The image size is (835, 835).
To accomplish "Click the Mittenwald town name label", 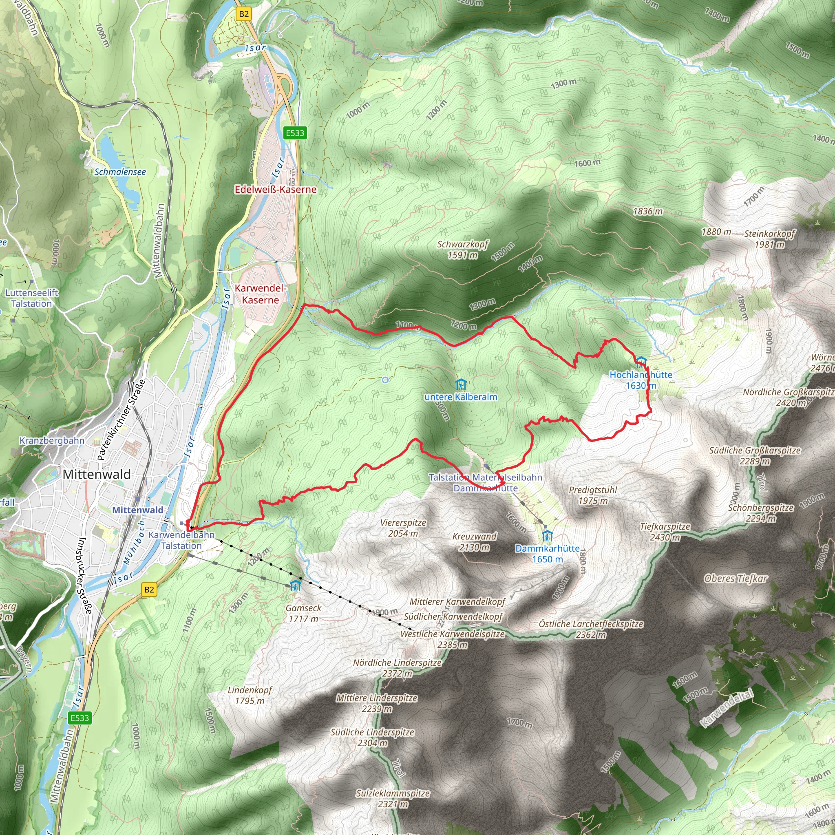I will point(96,474).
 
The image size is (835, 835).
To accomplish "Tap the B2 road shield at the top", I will point(244,14).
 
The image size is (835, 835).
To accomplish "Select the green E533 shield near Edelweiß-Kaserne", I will point(295,133).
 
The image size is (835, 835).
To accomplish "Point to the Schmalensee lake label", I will point(120,172).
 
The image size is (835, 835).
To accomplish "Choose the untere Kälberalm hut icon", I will point(461,384).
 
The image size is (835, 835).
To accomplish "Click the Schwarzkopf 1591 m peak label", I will point(462,250).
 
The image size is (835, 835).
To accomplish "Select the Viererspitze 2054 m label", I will point(403,528).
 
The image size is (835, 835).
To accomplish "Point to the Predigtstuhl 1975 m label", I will point(592,495).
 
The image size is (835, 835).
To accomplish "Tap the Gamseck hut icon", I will point(295,585).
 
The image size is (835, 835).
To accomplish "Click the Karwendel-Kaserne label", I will point(260,294).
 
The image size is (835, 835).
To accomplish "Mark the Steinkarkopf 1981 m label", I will point(769,239).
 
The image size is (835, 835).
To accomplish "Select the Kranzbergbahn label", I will point(52,440).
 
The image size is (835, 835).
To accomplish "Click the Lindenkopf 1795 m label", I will point(250,695).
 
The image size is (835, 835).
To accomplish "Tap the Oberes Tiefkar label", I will point(736,578).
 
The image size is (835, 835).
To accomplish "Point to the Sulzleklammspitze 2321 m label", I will point(393,798).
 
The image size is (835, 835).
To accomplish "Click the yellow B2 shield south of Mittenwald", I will point(149,589).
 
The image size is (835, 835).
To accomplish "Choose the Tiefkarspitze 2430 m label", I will point(665,532).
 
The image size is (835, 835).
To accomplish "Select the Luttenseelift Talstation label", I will point(31,298).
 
